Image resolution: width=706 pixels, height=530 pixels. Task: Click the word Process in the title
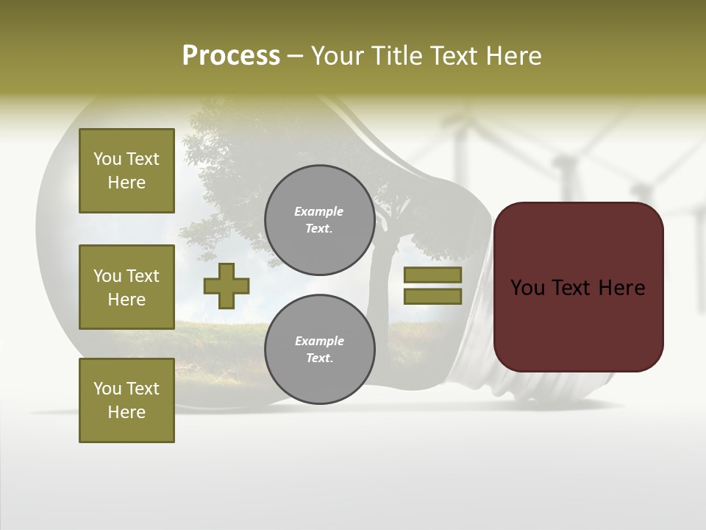tap(231, 56)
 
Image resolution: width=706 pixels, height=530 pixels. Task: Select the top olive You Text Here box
tap(126, 171)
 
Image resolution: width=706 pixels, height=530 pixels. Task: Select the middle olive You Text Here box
tap(126, 287)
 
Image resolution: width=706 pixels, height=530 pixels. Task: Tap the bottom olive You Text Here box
tap(126, 400)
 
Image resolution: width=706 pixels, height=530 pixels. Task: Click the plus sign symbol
tap(227, 286)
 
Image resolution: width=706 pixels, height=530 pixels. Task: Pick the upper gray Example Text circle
tap(319, 220)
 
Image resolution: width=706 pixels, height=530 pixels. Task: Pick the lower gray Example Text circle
tap(319, 350)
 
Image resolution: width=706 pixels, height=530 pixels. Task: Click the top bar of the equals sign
tap(432, 275)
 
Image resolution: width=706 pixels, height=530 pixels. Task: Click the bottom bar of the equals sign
tap(432, 296)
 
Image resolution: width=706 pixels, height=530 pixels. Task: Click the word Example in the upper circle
tap(319, 211)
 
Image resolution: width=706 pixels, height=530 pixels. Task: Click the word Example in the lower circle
tap(319, 341)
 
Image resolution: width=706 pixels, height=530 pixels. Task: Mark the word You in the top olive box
tap(107, 159)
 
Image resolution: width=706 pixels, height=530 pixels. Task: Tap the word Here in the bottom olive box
tap(126, 412)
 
